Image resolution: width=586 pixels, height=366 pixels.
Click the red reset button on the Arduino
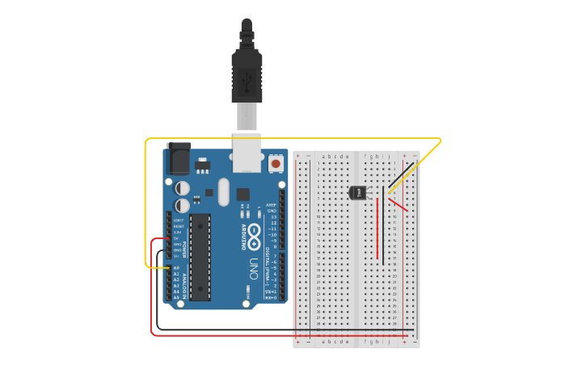tap(276, 163)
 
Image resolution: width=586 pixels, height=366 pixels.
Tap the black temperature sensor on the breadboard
tap(357, 192)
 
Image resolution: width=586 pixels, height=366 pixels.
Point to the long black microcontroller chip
tap(200, 257)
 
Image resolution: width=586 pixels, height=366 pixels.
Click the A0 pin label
tap(176, 267)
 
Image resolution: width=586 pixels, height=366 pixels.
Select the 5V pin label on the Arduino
tap(176, 238)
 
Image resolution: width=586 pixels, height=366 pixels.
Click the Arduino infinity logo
tap(253, 237)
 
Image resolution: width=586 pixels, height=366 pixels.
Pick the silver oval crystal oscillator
tap(223, 191)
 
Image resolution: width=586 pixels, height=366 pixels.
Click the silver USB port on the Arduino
tap(247, 152)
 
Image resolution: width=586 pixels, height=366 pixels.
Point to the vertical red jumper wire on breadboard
tap(377, 228)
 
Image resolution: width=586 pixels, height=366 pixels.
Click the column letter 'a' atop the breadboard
tap(323, 156)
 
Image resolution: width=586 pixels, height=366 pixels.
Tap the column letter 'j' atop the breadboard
tap(389, 156)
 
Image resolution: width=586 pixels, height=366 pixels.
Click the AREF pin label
tap(272, 205)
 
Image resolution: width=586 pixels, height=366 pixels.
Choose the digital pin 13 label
tap(273, 217)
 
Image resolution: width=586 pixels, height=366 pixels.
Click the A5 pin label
tap(176, 297)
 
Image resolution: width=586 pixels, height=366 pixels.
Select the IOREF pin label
tap(179, 220)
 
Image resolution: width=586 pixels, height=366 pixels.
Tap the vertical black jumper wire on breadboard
tap(384, 225)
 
